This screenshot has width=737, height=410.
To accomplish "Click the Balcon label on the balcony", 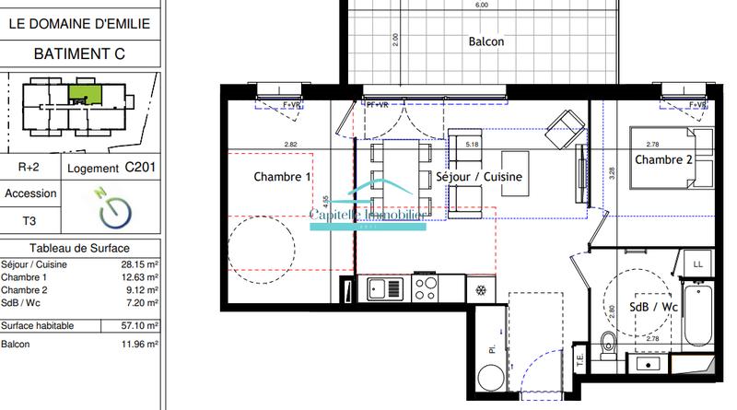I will tap(485, 42).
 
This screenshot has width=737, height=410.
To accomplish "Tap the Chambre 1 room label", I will tap(283, 177).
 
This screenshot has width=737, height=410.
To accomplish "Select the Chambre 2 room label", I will tap(663, 161).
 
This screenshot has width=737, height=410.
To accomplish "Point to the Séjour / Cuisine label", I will tap(479, 176).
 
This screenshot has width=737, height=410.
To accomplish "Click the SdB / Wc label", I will tap(654, 307).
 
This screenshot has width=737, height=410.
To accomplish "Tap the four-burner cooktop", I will tap(426, 289).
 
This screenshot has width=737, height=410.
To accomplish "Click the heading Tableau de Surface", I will tap(79, 248).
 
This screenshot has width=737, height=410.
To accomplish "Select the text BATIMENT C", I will tap(79, 54).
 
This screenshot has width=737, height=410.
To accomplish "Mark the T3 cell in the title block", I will tap(30, 221).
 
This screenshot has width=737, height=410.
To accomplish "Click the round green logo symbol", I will tap(113, 208).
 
